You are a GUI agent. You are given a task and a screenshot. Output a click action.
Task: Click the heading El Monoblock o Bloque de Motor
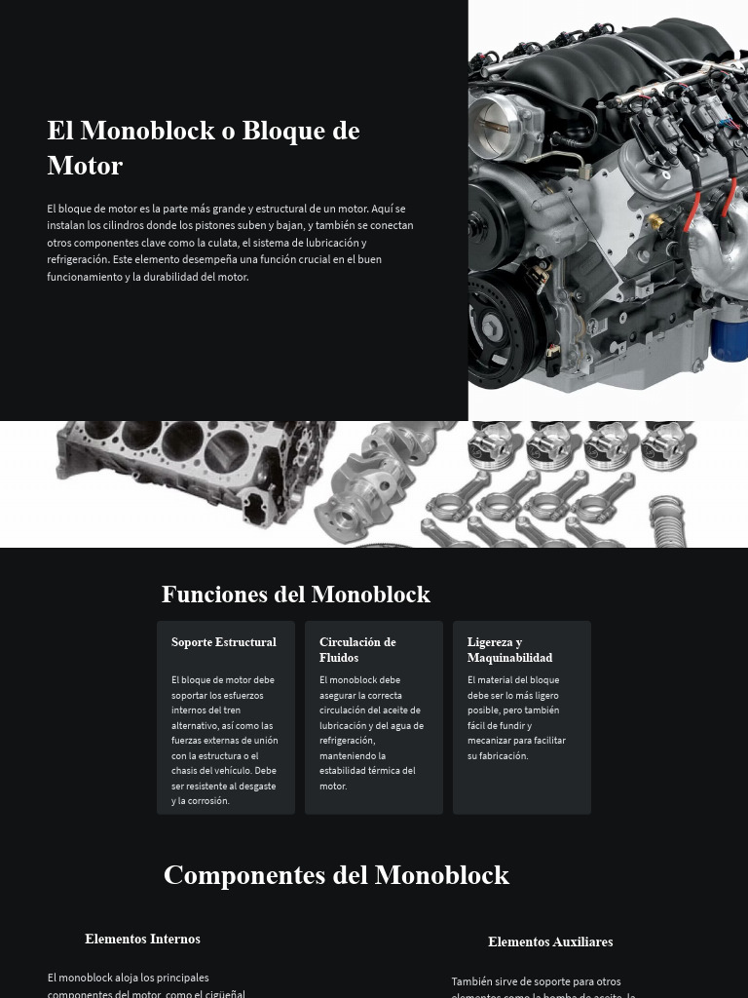click(204, 147)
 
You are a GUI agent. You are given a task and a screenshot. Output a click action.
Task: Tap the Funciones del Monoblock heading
click(295, 595)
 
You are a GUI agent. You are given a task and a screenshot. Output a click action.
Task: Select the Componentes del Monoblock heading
click(336, 875)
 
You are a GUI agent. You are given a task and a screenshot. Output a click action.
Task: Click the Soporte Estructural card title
click(224, 642)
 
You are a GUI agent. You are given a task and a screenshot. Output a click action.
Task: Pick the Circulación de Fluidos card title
click(357, 650)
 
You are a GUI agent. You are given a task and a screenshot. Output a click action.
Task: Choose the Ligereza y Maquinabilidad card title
click(509, 650)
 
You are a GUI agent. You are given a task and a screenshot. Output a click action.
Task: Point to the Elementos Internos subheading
click(142, 940)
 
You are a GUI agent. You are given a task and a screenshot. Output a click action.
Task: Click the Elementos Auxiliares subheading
click(550, 942)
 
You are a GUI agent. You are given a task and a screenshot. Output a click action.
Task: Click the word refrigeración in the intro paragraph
click(79, 259)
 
